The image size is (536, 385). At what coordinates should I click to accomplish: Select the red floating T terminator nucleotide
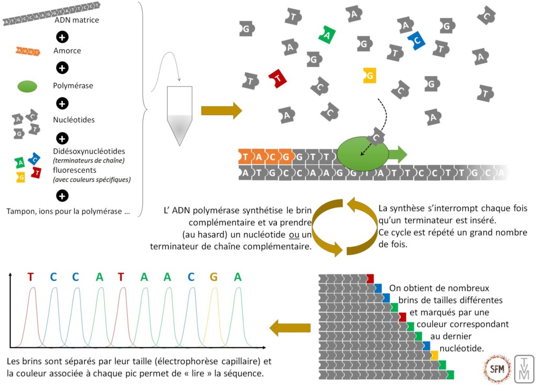(x=277, y=79)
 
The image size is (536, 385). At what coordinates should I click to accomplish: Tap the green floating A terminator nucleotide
(x=327, y=35)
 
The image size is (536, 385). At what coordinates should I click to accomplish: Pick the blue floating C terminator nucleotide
(x=417, y=40)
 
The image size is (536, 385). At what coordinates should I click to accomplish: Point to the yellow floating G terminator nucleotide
(x=370, y=75)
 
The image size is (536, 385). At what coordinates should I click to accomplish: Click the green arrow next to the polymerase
(x=398, y=154)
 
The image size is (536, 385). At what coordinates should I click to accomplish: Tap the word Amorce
(x=67, y=51)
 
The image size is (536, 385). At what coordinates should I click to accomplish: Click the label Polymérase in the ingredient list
(x=73, y=85)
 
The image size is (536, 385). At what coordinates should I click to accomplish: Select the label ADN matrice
(x=76, y=20)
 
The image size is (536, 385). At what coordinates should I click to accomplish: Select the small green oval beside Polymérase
(x=27, y=86)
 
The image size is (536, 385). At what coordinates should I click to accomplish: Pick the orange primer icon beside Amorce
(x=29, y=51)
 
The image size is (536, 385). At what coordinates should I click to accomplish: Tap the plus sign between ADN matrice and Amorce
(x=62, y=37)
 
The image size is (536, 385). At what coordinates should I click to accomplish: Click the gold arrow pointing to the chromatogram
(x=289, y=328)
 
